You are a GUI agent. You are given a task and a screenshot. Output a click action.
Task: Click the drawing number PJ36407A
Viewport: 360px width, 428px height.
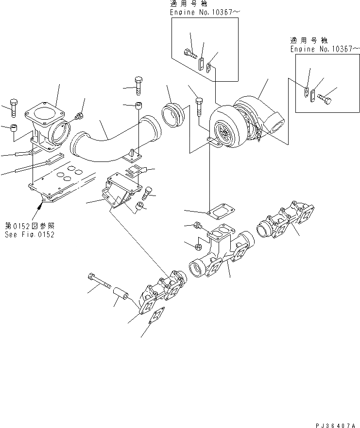click(335, 424)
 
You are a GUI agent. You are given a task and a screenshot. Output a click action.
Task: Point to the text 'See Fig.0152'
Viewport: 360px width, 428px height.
click(30, 234)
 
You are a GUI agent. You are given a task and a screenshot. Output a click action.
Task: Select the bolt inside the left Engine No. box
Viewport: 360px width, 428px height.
click(189, 52)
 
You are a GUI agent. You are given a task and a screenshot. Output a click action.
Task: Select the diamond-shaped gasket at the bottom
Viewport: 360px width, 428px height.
click(155, 317)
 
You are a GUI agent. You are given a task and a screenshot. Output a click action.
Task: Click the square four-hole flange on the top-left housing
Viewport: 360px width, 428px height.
click(46, 115)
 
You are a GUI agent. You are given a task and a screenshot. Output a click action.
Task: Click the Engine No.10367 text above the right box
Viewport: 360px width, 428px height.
click(325, 50)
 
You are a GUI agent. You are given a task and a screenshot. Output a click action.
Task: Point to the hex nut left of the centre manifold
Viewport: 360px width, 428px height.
click(198, 243)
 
